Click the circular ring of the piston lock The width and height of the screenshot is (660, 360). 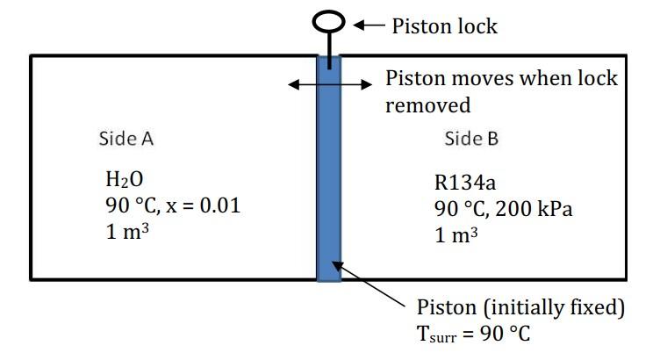pos(328,19)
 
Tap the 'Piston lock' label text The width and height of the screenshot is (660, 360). pos(444,26)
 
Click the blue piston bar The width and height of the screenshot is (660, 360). pos(328,176)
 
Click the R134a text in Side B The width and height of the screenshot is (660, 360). pos(464,184)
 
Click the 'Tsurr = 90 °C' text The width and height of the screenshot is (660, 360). pos(474,335)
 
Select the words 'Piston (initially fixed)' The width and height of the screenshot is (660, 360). pos(520,308)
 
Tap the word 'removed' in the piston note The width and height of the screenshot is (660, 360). pos(428,105)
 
